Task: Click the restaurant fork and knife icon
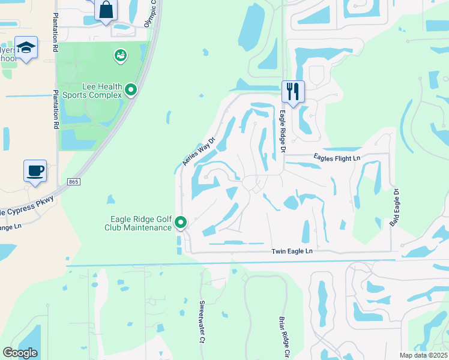[x=293, y=92]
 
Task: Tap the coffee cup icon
[x=35, y=170]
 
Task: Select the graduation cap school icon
[x=26, y=47]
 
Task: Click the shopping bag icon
[x=106, y=10]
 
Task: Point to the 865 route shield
[x=73, y=181]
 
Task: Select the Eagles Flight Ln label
[x=337, y=158]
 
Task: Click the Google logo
[x=20, y=352]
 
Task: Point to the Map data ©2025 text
[x=423, y=355]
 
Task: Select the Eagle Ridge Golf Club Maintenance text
[x=137, y=223]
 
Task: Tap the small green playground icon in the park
[x=120, y=56]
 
